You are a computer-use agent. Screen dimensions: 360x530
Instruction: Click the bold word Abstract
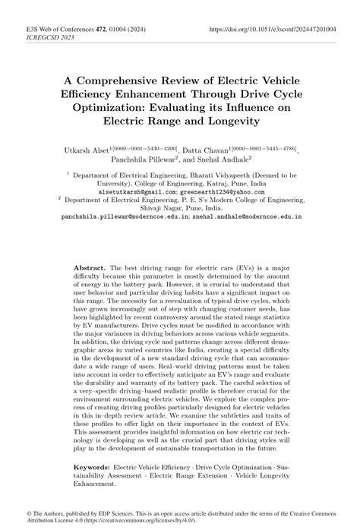(x=90, y=269)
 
